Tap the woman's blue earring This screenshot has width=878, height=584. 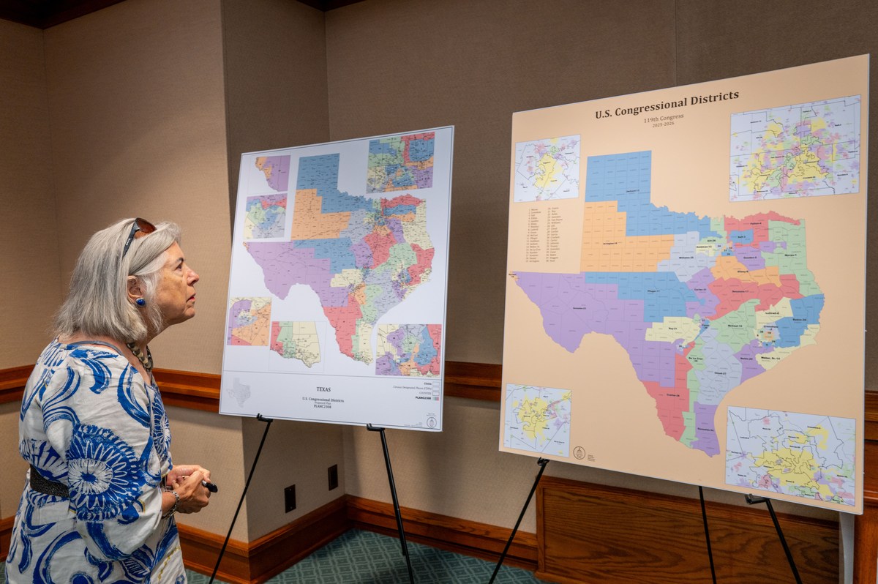pos(139,302)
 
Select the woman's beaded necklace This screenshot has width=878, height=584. pos(141,356)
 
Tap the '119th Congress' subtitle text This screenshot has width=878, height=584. pos(663,117)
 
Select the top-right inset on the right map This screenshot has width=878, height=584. pos(795,148)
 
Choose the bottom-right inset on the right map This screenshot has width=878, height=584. pos(790,456)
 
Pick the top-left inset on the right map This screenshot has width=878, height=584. pos(547,168)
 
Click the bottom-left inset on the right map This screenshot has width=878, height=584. pos(537,420)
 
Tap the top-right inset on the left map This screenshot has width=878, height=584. pos(400,162)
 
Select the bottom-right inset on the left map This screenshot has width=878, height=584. pos(408,350)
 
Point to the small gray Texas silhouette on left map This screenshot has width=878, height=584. pos(238,392)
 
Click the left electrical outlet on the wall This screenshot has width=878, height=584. pos(290,498)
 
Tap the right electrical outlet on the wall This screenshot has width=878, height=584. pos(332,477)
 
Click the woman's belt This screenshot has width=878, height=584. pos(49,484)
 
